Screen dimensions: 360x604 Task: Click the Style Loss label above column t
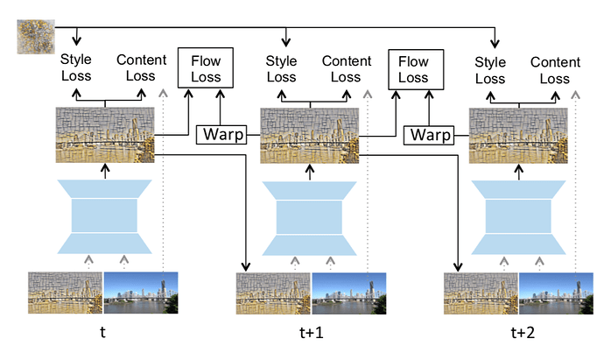75,68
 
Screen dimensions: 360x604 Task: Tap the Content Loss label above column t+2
555,69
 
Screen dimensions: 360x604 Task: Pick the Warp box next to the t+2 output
429,135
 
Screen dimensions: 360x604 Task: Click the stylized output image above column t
105,134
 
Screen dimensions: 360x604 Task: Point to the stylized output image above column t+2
520,134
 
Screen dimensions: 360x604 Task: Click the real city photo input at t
141,293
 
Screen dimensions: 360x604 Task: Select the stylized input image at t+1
272,293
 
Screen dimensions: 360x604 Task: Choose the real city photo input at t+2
556,293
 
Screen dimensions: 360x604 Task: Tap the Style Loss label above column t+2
490,69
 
